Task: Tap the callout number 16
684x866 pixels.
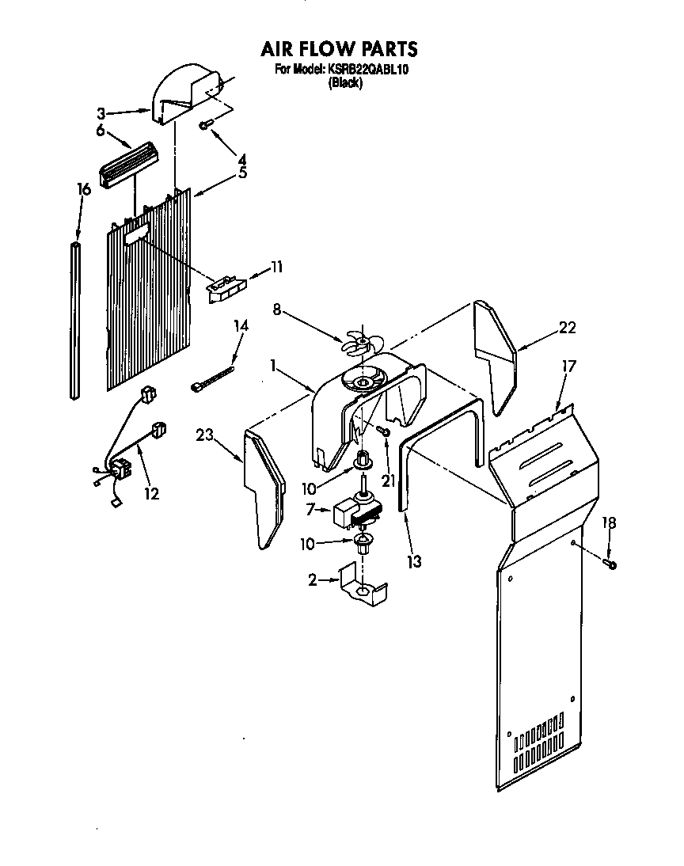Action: pos(83,189)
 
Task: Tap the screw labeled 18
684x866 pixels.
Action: pos(611,564)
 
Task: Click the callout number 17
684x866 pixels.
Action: pos(569,367)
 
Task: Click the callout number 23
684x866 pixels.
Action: pos(205,433)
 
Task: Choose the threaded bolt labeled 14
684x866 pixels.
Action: pos(213,376)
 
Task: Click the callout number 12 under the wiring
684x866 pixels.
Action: pos(151,493)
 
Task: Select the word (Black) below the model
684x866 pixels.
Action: pos(345,83)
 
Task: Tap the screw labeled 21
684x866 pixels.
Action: pos(382,431)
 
